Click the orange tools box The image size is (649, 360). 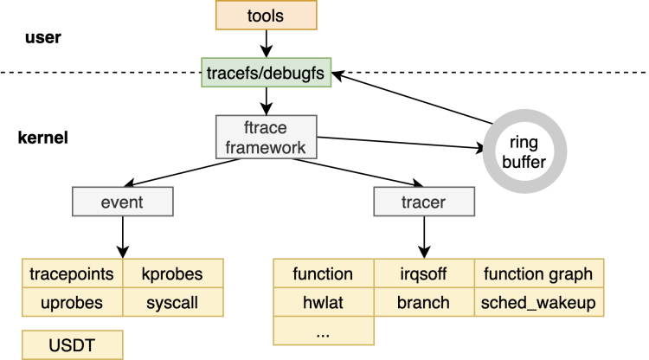point(266,16)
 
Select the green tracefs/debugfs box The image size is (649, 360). point(266,74)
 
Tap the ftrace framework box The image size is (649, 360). point(266,137)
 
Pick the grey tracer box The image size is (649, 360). point(424,202)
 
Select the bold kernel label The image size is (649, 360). point(42,138)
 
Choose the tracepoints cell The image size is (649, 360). point(72,274)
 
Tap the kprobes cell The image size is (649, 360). point(173,274)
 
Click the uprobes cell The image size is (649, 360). point(72,302)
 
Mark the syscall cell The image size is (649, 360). point(173,302)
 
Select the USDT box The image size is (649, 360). point(72,344)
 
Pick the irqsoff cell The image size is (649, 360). point(424,274)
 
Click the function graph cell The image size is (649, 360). point(538,274)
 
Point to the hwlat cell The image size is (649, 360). point(324,302)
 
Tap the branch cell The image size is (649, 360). point(424,302)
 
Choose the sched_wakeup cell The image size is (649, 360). point(538,302)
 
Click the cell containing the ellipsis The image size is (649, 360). point(324,331)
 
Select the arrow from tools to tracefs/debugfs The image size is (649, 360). point(266,44)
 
